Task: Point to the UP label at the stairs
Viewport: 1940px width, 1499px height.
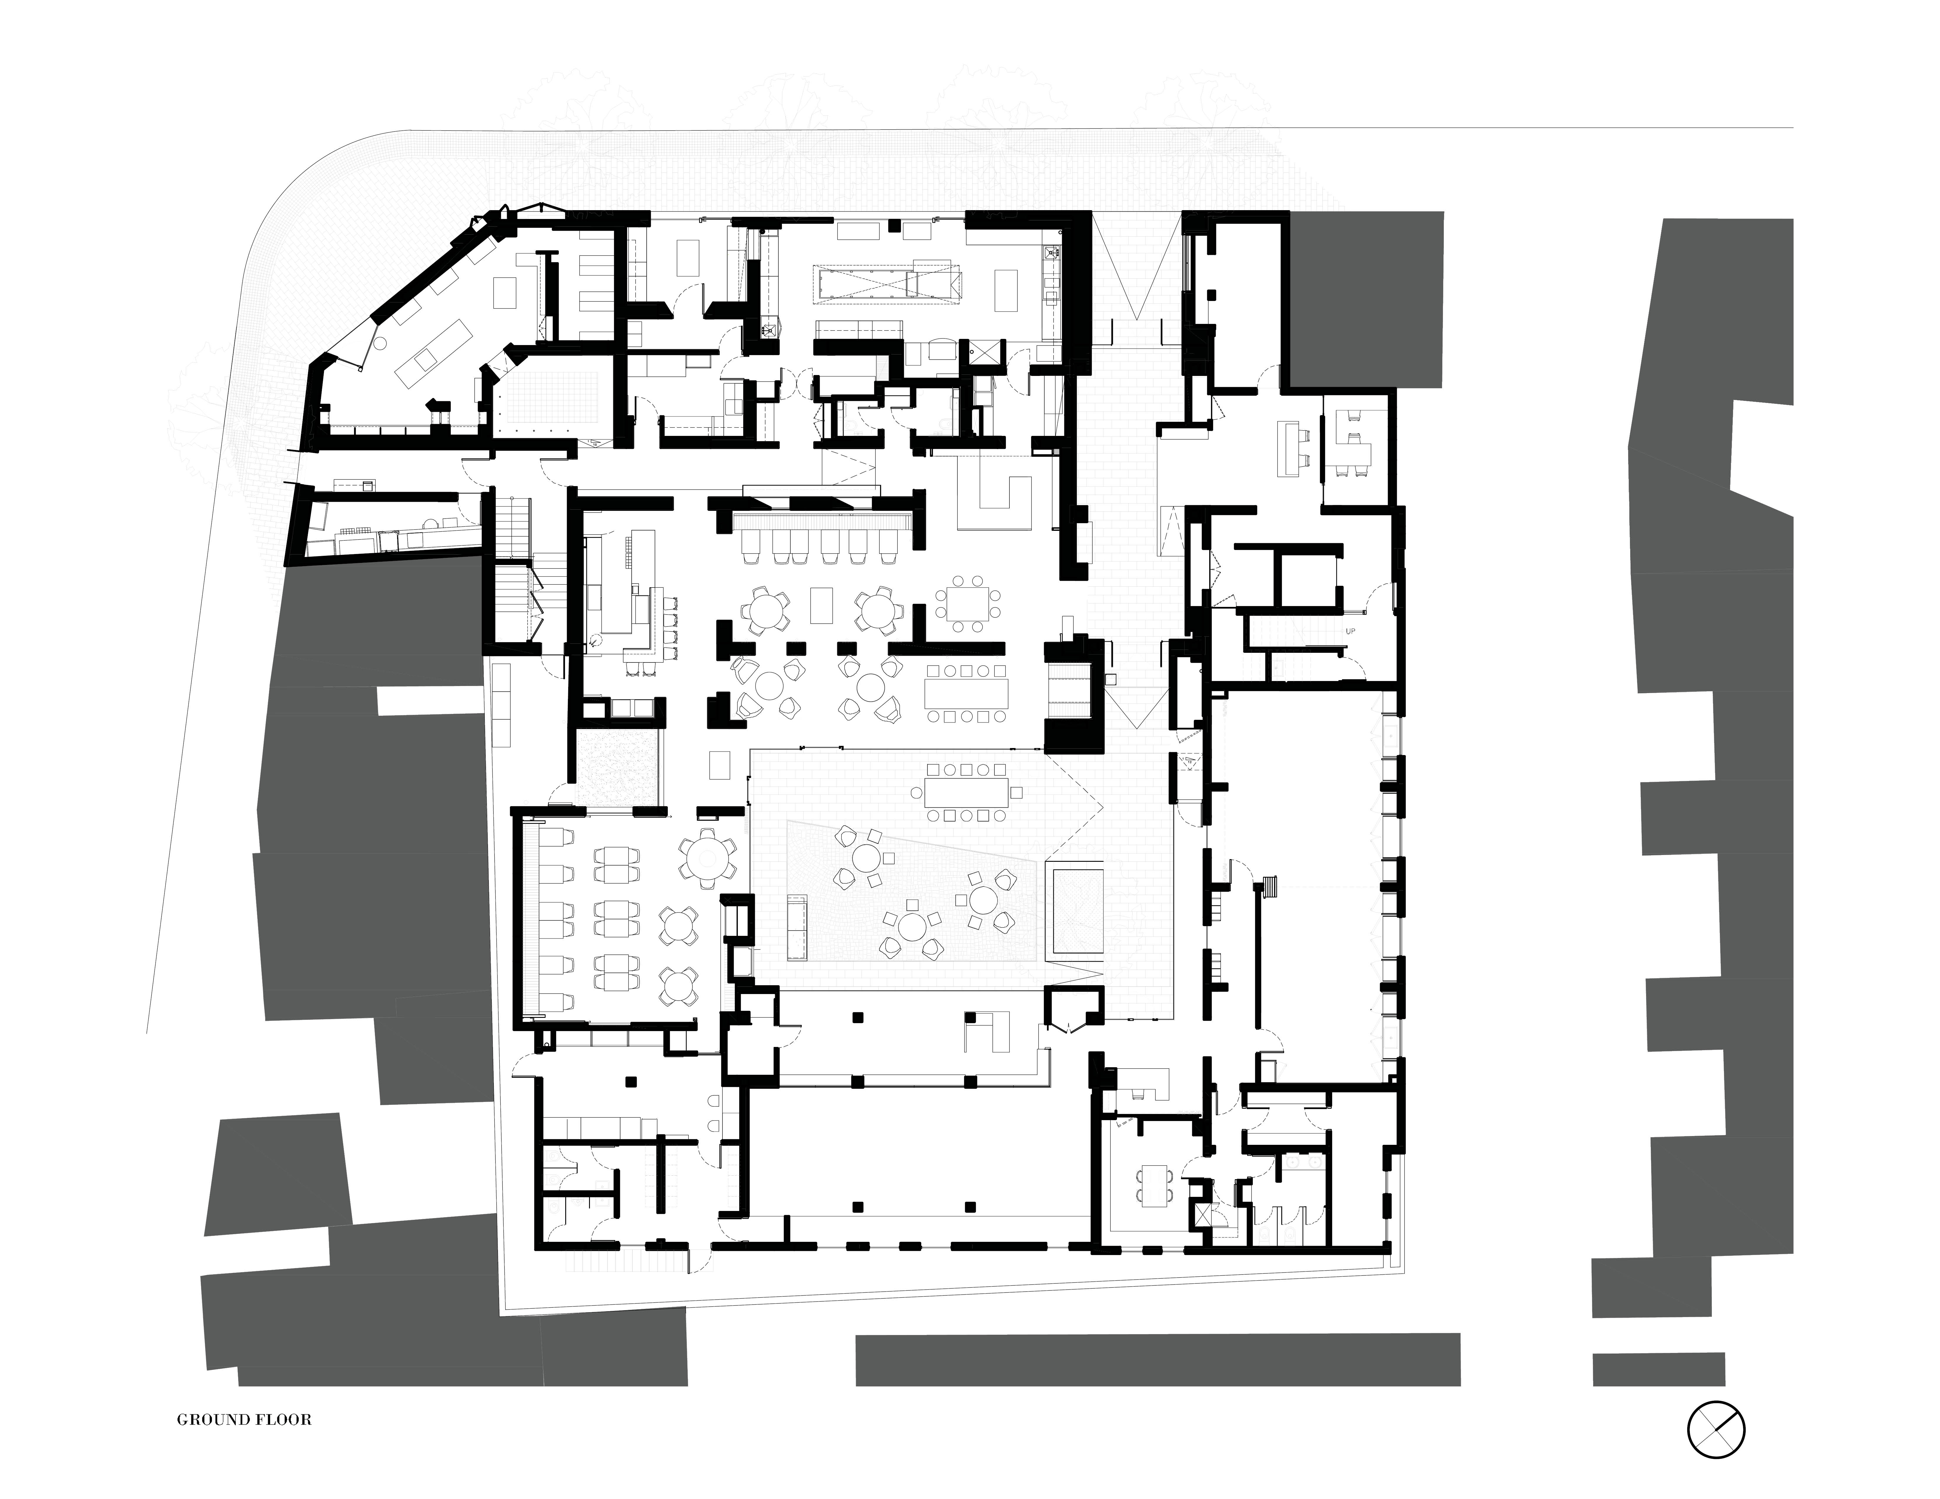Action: click(x=1350, y=630)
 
